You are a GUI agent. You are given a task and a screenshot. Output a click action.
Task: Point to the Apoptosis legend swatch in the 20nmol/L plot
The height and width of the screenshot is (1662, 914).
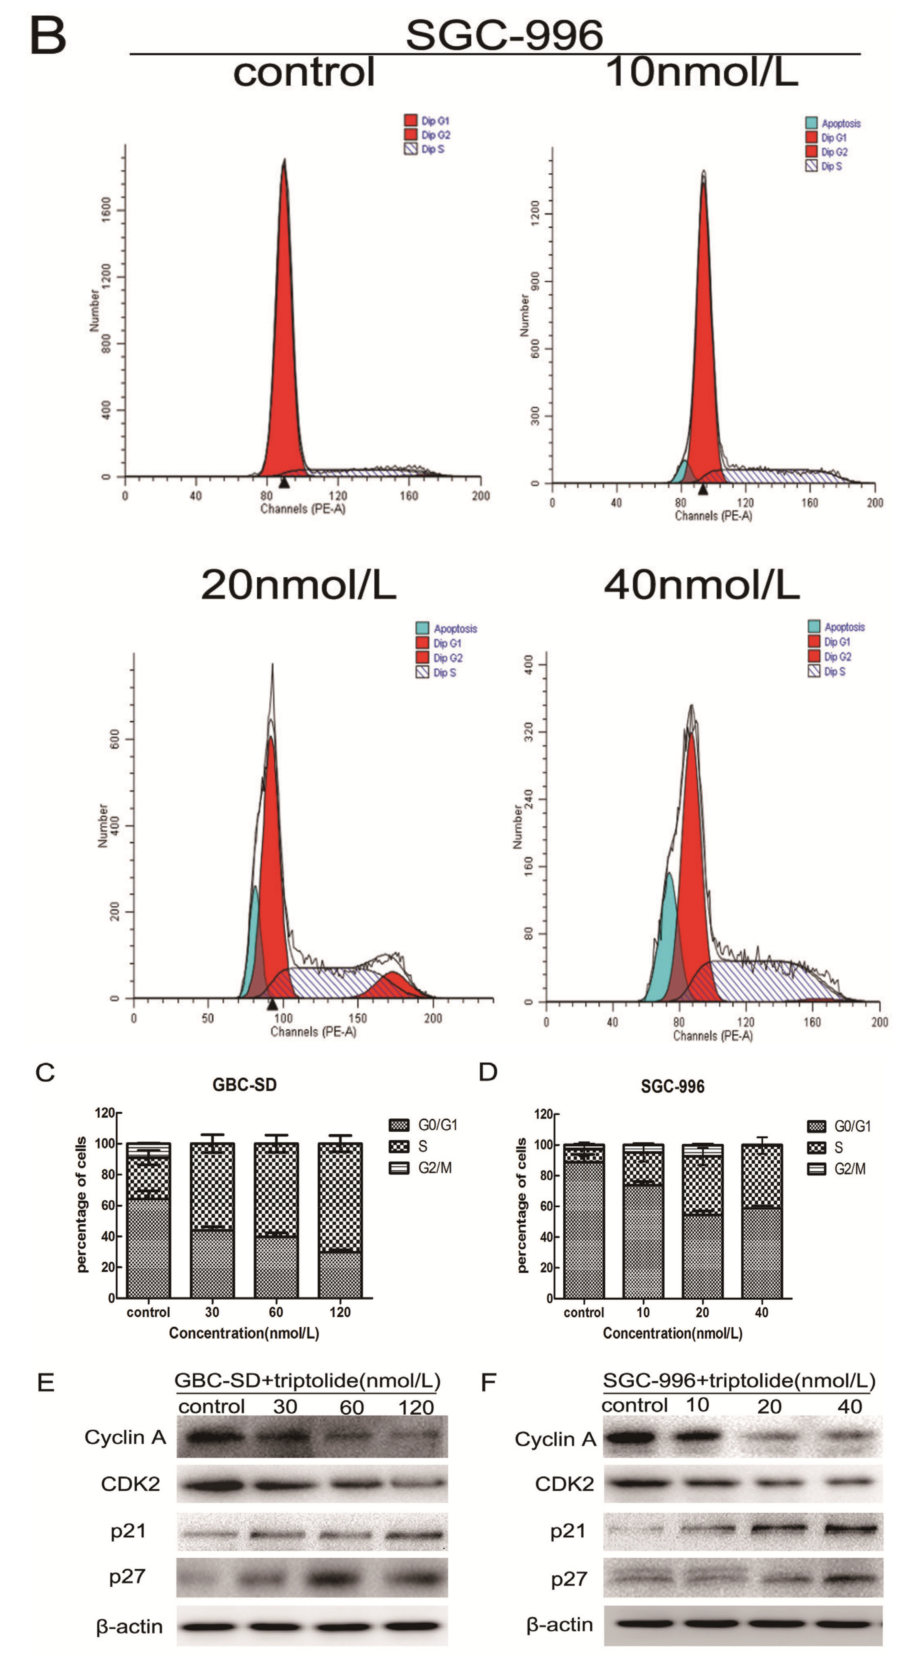[x=422, y=628]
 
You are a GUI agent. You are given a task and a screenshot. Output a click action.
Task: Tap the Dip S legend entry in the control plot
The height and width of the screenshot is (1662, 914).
[x=426, y=149]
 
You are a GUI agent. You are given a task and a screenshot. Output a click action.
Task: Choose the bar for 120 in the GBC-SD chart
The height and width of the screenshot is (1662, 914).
[x=340, y=1219]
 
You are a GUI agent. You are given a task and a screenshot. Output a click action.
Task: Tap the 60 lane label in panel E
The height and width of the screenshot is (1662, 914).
[x=352, y=1407]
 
